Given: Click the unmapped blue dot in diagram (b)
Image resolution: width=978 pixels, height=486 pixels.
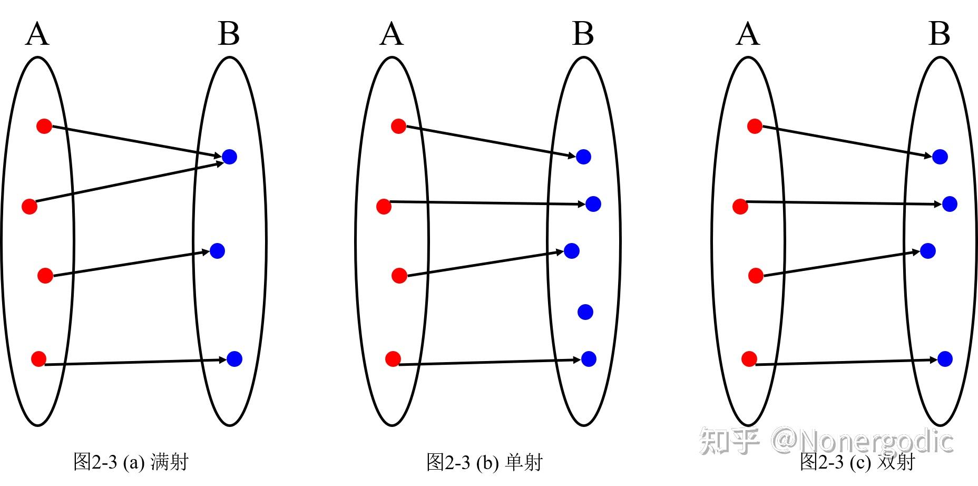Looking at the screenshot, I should (585, 312).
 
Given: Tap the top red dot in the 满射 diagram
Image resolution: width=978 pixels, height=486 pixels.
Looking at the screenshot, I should (44, 126).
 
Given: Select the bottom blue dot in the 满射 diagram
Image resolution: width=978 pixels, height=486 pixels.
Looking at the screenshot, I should (234, 359).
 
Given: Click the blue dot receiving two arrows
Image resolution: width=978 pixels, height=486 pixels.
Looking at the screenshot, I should (229, 157).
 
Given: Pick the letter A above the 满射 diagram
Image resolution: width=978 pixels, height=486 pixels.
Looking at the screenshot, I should (37, 34).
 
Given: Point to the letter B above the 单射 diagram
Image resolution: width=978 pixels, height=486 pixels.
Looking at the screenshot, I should (583, 34).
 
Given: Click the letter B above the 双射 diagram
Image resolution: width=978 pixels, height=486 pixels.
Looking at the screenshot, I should (939, 34).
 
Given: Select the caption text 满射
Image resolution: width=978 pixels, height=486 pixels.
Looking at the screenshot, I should (169, 462).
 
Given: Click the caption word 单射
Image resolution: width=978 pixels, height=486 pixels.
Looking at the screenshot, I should (524, 462).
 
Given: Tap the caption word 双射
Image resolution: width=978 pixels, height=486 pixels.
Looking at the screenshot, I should (896, 462).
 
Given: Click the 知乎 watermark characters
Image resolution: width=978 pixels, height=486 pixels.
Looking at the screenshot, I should (729, 441).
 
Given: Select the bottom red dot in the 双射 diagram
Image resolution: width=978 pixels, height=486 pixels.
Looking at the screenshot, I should (749, 359).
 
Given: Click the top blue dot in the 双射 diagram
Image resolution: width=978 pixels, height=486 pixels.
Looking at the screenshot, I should (940, 157).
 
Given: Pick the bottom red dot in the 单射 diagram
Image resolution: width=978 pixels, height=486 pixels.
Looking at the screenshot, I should (393, 359).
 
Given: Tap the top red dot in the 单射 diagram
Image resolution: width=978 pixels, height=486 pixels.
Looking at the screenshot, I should (398, 126).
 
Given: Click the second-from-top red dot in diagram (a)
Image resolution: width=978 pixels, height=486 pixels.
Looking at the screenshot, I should (30, 206).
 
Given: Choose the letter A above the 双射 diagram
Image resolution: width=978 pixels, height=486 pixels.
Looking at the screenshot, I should (748, 34).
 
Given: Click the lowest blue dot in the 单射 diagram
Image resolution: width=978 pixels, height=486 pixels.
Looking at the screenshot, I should (589, 359).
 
